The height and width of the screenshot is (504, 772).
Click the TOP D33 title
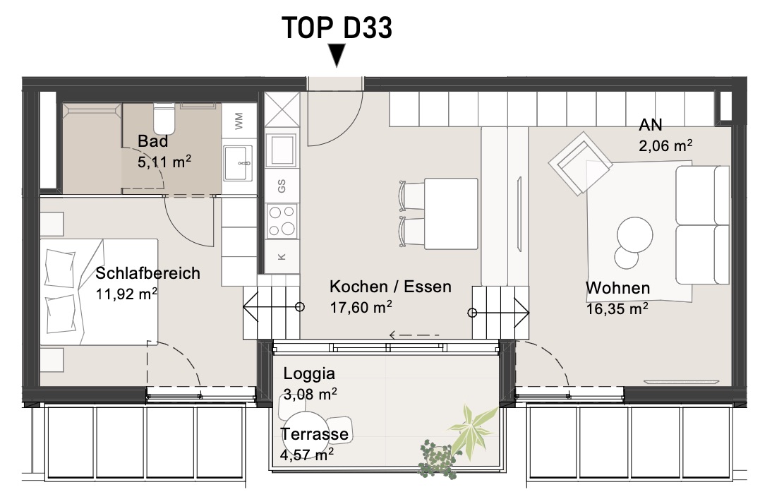point(337,28)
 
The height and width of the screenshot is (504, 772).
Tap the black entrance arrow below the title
point(337,55)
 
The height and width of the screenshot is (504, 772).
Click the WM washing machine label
point(239,121)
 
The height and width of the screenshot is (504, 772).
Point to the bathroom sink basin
point(239,163)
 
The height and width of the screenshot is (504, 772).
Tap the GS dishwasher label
point(282,186)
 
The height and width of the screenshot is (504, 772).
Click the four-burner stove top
point(282,221)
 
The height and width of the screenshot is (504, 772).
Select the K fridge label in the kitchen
point(282,256)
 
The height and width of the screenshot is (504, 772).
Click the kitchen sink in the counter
point(282,150)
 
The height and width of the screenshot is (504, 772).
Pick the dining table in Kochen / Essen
point(451,213)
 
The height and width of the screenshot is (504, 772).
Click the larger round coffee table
point(634,235)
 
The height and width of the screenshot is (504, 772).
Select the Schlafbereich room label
point(147,273)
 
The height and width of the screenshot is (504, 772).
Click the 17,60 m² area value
point(361,308)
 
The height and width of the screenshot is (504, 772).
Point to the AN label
point(651,125)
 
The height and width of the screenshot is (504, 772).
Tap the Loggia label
point(309,374)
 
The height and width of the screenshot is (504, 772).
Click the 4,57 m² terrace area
point(307,455)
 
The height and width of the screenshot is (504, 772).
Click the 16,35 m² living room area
point(617,309)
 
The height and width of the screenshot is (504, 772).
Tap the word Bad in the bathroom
point(152,141)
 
